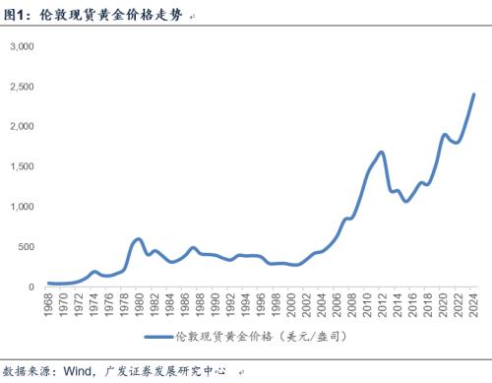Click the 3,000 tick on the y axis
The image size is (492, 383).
(x=22, y=46)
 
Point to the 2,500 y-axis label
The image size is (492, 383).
(x=22, y=87)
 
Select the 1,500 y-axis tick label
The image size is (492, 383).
(x=22, y=166)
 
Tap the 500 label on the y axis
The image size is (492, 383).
(x=27, y=247)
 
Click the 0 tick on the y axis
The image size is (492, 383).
(x=31, y=287)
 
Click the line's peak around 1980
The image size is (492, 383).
(x=138, y=239)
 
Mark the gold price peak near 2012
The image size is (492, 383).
(x=381, y=153)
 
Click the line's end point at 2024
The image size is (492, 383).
(x=474, y=95)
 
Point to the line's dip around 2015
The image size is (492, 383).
(x=405, y=201)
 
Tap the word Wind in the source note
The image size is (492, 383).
(x=77, y=373)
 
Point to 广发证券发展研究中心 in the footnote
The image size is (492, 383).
(x=158, y=373)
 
